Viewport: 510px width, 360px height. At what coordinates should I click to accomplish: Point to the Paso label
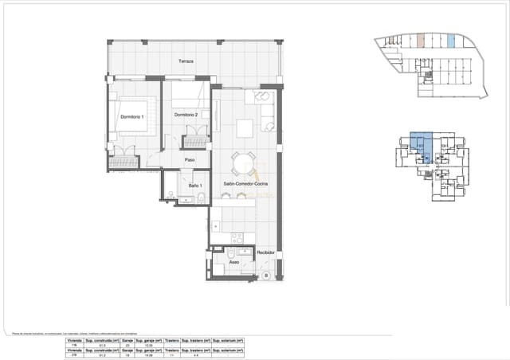(x=190, y=160)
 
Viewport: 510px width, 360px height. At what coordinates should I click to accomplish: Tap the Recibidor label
(x=265, y=252)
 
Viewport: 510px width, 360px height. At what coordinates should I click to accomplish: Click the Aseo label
(x=233, y=261)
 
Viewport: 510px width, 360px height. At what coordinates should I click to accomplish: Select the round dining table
(x=242, y=164)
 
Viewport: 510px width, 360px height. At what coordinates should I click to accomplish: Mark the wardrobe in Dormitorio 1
(x=124, y=163)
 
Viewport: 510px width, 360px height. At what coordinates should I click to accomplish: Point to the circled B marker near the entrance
(x=265, y=276)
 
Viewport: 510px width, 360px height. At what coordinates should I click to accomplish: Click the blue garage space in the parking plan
(x=451, y=41)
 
